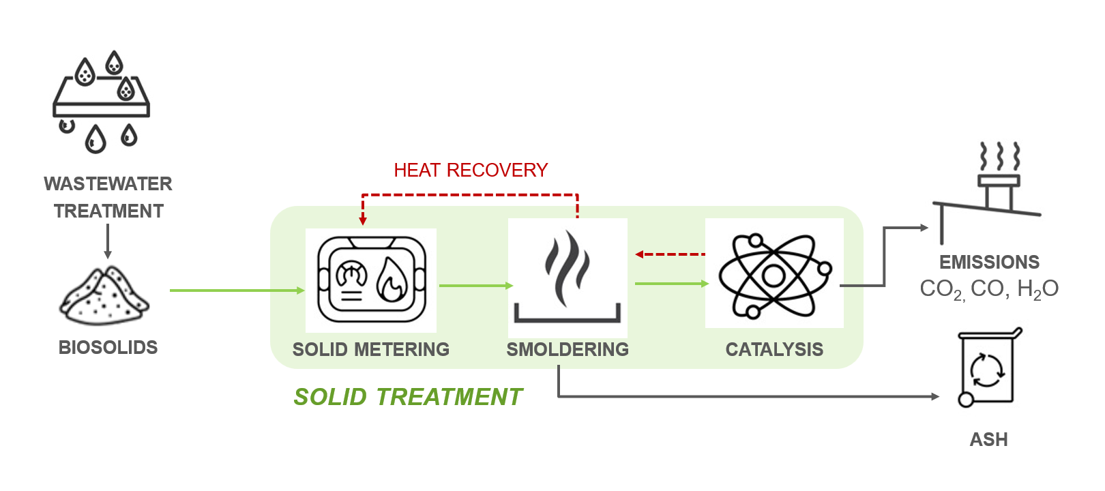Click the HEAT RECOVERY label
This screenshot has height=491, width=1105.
[471, 170]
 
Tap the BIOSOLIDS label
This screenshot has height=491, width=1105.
[108, 347]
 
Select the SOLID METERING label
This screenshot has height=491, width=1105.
[371, 349]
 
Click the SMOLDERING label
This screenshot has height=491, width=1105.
[568, 349]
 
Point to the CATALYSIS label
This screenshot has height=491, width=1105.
[774, 349]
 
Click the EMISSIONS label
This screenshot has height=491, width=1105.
[989, 262]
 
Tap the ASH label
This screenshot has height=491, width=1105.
[988, 439]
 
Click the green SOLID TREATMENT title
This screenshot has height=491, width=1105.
[408, 396]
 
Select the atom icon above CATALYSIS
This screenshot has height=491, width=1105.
[774, 275]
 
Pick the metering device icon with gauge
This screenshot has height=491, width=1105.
[371, 280]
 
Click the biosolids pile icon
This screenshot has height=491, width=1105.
[104, 296]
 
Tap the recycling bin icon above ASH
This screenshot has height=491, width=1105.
[988, 368]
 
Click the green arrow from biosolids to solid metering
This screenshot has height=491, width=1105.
[235, 291]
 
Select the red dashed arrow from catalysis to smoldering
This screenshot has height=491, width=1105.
[670, 254]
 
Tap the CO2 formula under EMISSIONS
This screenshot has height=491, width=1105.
[942, 289]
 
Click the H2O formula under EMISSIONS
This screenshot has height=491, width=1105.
[1037, 289]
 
